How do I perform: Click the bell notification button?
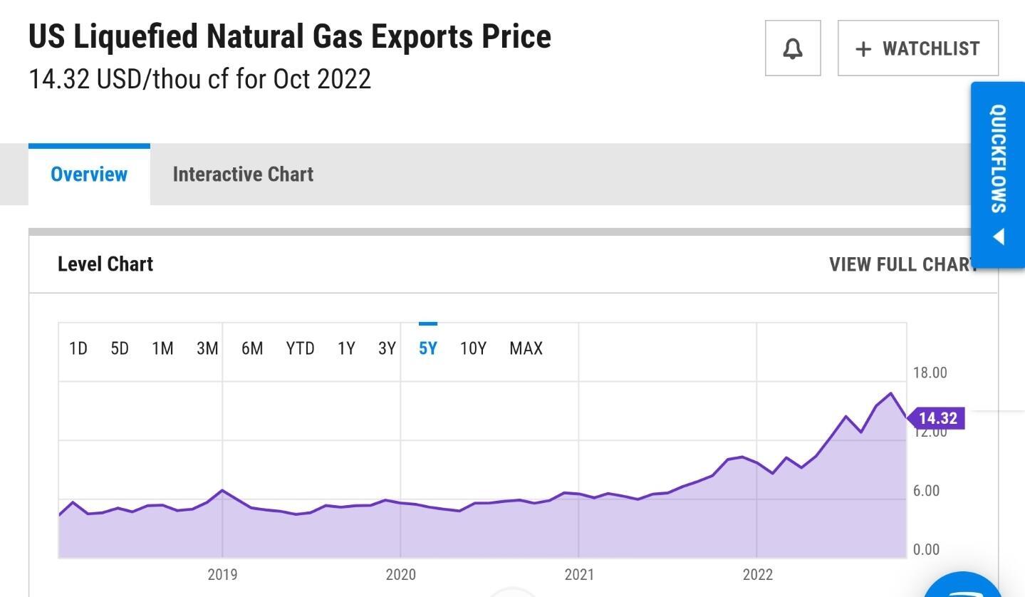tap(793, 48)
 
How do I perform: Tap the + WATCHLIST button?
tap(918, 48)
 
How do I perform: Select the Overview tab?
tap(89, 175)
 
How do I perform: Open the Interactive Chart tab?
tap(243, 175)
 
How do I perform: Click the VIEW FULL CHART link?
tap(901, 264)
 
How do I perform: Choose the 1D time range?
tap(78, 348)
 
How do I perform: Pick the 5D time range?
tap(120, 348)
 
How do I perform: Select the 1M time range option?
tap(162, 348)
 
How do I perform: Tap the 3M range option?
tap(207, 348)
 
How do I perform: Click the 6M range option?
tap(252, 348)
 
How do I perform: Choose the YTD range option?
tap(300, 348)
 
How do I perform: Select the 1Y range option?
tap(346, 348)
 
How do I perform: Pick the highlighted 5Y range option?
tap(427, 348)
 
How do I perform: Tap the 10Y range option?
tap(473, 348)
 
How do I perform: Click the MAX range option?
tap(526, 348)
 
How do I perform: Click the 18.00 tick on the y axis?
tap(930, 373)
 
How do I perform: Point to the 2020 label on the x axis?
tap(400, 574)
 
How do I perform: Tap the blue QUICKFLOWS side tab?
tap(998, 175)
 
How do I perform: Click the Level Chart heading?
tap(105, 264)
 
